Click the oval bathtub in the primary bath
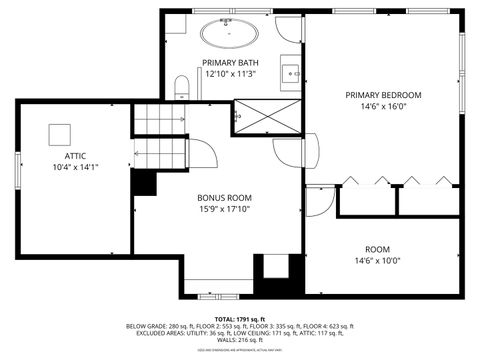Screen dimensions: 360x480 tap(230, 34)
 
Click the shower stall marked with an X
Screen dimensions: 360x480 tap(267, 116)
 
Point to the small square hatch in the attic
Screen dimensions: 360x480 tap(61, 131)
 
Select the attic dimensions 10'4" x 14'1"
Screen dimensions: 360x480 tap(75, 168)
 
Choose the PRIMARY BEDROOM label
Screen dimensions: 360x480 tap(383, 95)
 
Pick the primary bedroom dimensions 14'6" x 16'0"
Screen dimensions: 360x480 tap(384, 107)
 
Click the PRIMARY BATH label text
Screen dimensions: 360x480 tap(230, 62)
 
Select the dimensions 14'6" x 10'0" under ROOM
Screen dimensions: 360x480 tap(377, 261)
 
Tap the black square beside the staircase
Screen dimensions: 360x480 tap(144, 183)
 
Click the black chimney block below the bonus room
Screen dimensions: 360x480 tap(272, 273)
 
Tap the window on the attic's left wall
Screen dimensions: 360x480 tap(17, 171)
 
